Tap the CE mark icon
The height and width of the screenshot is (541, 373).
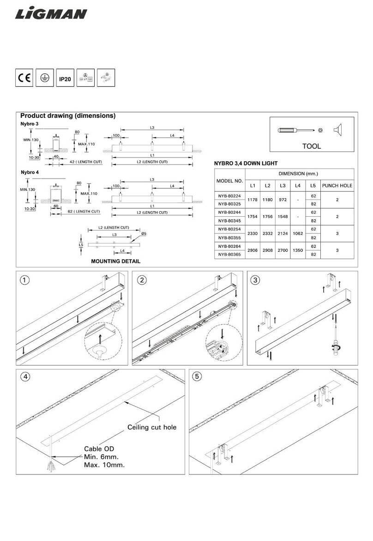click(24, 79)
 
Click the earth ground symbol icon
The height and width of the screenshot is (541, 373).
click(45, 79)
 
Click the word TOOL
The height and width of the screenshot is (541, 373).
click(311, 146)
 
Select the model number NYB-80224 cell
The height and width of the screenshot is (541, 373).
click(229, 195)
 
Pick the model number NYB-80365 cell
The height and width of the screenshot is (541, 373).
click(229, 254)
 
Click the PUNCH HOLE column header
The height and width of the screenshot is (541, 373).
click(337, 186)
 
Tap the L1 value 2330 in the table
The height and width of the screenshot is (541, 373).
click(252, 233)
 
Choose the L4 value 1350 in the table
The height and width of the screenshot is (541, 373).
click(297, 249)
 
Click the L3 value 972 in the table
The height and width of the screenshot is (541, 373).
click(283, 200)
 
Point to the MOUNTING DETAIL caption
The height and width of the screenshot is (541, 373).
click(115, 261)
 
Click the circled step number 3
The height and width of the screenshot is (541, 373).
click(255, 280)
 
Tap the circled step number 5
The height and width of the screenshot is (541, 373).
click(197, 377)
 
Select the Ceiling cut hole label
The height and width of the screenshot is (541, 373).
click(152, 427)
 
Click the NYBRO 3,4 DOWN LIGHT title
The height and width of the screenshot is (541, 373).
click(246, 163)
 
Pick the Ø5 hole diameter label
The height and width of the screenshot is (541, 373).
click(144, 234)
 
